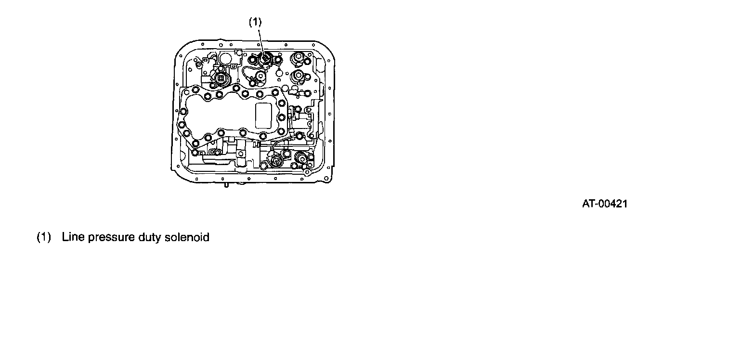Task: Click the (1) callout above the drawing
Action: [255, 22]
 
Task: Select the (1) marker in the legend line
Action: [44, 237]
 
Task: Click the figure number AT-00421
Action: [605, 204]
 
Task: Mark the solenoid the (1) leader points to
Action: [265, 60]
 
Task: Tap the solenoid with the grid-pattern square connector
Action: [221, 79]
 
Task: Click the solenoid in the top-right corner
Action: [299, 59]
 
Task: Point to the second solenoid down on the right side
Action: [299, 76]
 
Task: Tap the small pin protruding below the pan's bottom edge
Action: [224, 183]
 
